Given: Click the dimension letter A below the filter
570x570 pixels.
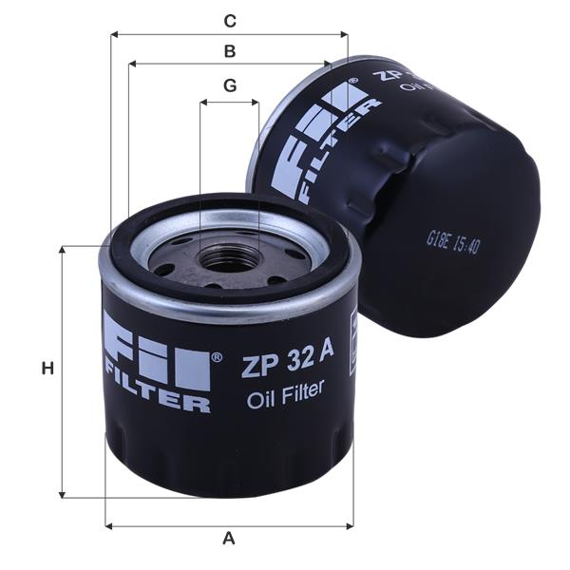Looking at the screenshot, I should [228, 539].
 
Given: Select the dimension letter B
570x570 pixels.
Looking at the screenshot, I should [229, 51].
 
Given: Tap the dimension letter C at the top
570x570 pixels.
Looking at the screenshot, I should [229, 20].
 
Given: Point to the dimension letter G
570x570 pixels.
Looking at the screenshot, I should [229, 85].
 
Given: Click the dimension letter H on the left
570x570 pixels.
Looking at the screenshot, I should [46, 369].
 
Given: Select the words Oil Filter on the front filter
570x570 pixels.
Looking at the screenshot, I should [285, 389].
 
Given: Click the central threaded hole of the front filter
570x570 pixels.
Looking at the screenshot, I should [227, 256].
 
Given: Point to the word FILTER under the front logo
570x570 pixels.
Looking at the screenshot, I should [157, 402].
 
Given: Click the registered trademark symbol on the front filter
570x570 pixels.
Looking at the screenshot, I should [217, 357].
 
